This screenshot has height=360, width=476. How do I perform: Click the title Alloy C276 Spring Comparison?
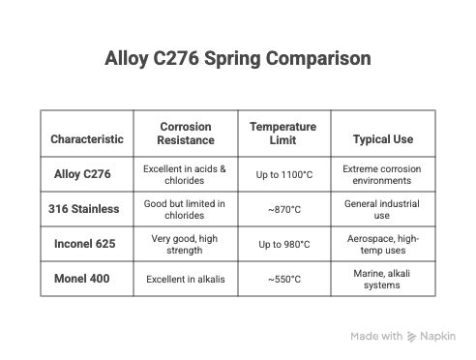(237, 59)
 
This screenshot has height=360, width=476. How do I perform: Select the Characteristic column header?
(87, 139)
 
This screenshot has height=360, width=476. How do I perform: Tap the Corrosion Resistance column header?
(185, 134)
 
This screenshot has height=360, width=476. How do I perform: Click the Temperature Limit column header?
(283, 134)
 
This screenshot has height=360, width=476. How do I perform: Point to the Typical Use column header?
(382, 139)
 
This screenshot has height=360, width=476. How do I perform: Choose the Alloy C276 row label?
(82, 174)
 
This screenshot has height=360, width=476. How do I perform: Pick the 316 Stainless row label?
(83, 209)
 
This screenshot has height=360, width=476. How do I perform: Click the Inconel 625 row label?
(83, 244)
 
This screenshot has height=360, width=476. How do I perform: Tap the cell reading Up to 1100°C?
(283, 174)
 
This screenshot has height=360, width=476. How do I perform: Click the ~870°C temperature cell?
(283, 209)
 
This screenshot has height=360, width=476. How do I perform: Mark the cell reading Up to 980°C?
(283, 244)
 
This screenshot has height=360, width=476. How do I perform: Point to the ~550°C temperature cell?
(283, 279)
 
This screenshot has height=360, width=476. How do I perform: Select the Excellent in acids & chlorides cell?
(185, 174)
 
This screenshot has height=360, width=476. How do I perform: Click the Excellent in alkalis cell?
(185, 279)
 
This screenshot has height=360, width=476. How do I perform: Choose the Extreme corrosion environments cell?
(382, 174)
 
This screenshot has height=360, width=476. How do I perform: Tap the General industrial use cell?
(382, 209)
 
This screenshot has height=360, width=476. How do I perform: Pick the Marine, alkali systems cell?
(382, 279)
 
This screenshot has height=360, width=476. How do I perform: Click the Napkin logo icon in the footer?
(413, 336)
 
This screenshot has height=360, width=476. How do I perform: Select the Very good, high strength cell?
(185, 244)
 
